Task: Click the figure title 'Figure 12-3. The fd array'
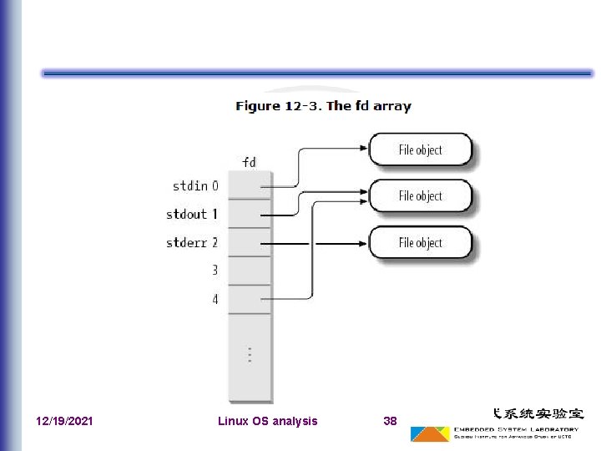click(323, 106)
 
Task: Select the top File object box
click(420, 150)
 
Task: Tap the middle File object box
click(420, 196)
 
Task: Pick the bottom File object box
click(420, 243)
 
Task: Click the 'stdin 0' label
click(195, 185)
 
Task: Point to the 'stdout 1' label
click(192, 214)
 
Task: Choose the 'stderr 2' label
click(192, 243)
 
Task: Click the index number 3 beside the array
click(215, 271)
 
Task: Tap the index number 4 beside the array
click(215, 298)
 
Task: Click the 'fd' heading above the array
click(249, 161)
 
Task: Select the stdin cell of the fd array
click(250, 185)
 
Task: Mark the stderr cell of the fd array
click(250, 243)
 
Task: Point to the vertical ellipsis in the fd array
click(250, 353)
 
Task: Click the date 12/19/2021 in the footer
click(65, 421)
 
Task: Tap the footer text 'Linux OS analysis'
click(267, 421)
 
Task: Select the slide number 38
click(390, 421)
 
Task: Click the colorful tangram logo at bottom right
click(430, 434)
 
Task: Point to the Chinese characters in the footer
click(538, 413)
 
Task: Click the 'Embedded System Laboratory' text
click(516, 428)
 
